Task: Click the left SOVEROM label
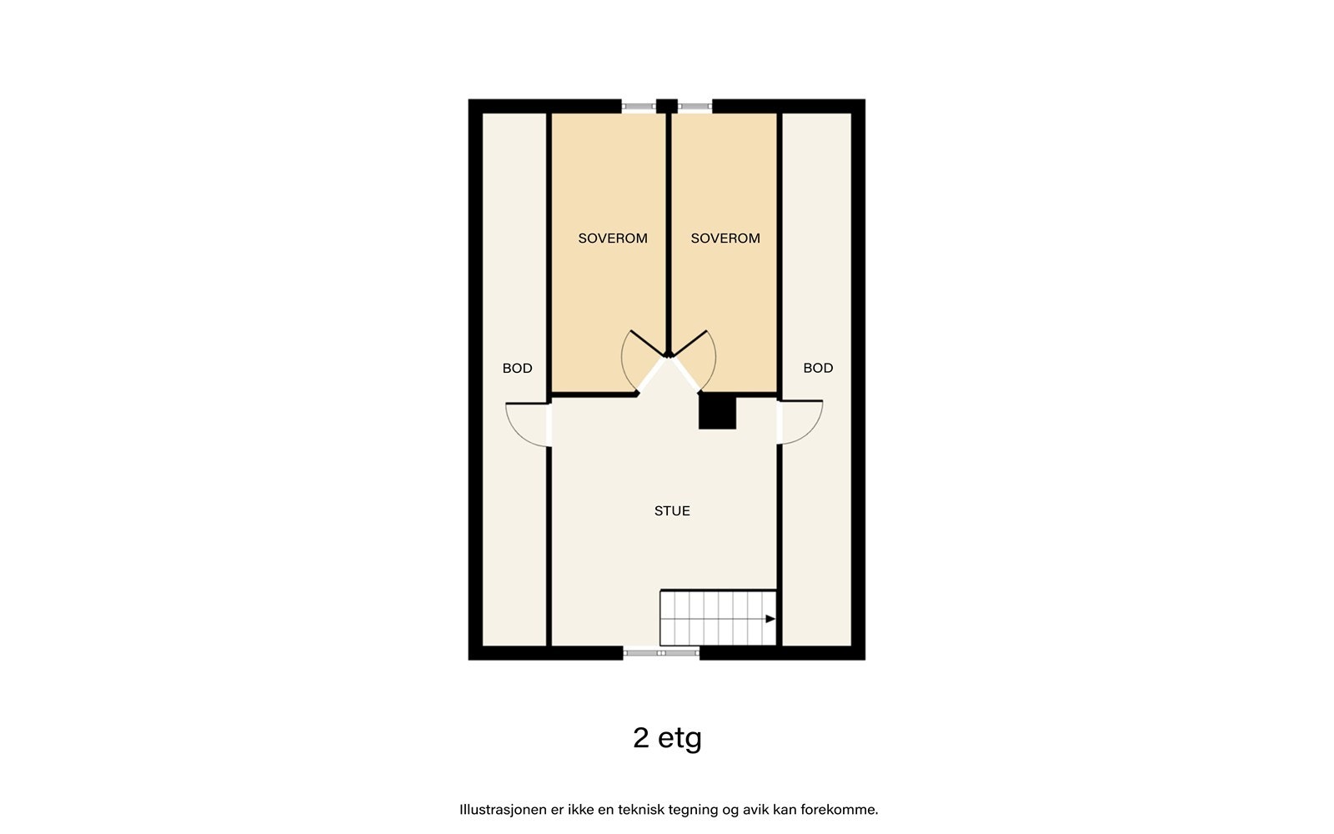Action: pos(613,239)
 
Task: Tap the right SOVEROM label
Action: pos(725,239)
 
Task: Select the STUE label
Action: pos(672,511)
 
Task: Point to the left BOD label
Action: pos(517,369)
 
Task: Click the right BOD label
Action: pos(818,369)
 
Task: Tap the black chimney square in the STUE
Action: pos(717,413)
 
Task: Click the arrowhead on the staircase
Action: pos(770,619)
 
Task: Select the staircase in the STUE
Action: pos(717,618)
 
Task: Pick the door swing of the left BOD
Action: pos(525,424)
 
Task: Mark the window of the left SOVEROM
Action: pos(639,106)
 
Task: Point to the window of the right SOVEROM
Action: pos(695,106)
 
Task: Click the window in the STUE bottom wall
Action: pos(661,653)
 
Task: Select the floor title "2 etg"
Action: pos(667,738)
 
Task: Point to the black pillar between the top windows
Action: pos(666,106)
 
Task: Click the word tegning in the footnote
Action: pos(705,810)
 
